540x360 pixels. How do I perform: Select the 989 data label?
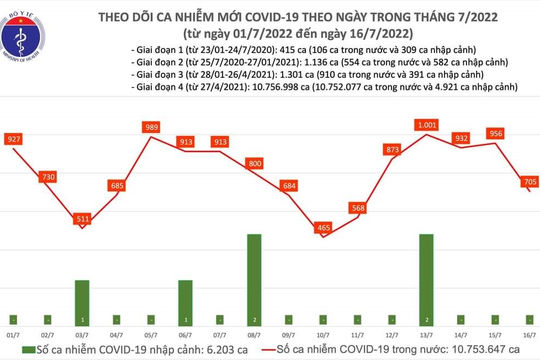[x=151, y=128]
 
